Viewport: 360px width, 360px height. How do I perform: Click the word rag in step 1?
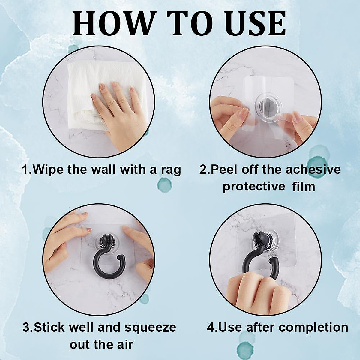tap(171, 170)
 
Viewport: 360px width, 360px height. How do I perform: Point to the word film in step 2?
tap(304, 187)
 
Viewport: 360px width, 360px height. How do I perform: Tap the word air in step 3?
tap(124, 344)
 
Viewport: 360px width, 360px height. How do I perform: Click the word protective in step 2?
tap(254, 187)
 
